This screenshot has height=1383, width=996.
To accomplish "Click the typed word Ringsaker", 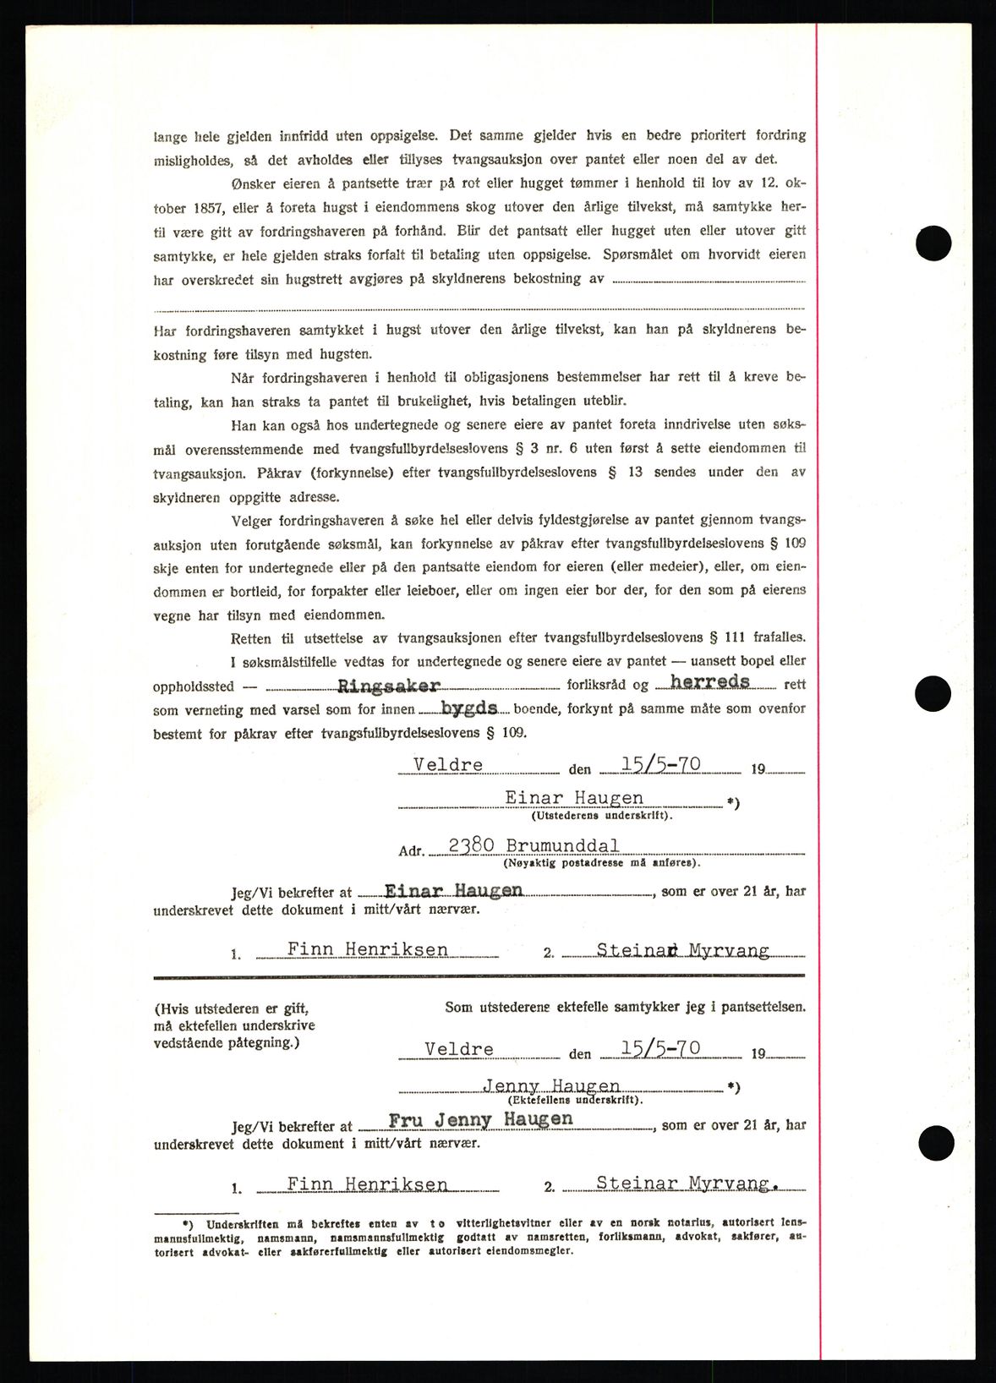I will tap(389, 686).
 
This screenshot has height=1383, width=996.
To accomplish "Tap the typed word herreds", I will tap(709, 681).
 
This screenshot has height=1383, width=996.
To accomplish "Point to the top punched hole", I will tap(933, 243).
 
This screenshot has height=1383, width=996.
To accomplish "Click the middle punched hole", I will tap(933, 694).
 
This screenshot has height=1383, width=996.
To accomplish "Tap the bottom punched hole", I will tap(933, 1142).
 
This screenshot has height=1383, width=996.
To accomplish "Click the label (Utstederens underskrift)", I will tap(602, 816).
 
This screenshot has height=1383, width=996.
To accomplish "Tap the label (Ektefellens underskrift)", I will tap(575, 1101).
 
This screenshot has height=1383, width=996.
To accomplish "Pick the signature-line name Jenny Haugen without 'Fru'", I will tap(551, 1086).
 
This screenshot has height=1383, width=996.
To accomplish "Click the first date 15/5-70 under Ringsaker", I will tap(660, 764).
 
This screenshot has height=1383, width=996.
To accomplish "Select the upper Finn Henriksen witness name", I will tap(367, 949).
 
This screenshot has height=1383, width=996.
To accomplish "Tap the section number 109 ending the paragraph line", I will tap(795, 543).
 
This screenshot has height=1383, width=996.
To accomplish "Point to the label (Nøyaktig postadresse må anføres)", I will tap(601, 863).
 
